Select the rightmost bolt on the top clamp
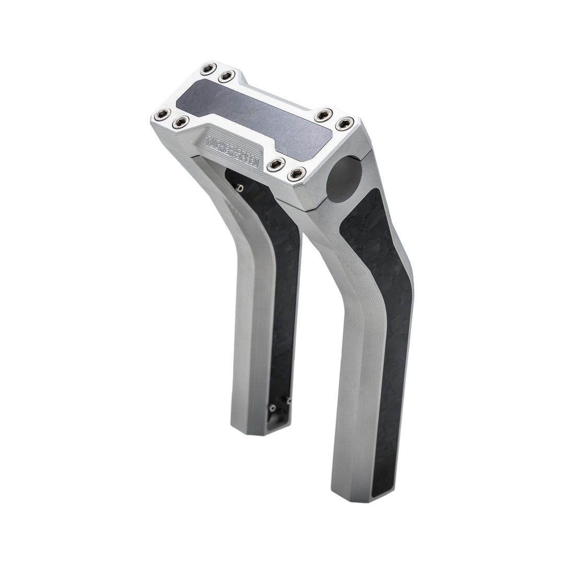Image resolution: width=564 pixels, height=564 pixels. pos(345,124)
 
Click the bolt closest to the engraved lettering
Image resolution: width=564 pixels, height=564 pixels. pos(276,164)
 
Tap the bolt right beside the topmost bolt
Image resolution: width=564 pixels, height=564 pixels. pos(227,76)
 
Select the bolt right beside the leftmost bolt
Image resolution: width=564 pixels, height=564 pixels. pos(181,122)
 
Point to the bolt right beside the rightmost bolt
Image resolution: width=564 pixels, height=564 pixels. pos(324,115)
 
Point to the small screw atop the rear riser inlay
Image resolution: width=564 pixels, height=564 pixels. pos(240,188)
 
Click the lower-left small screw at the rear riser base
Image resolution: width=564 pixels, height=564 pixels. pos(272,408)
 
